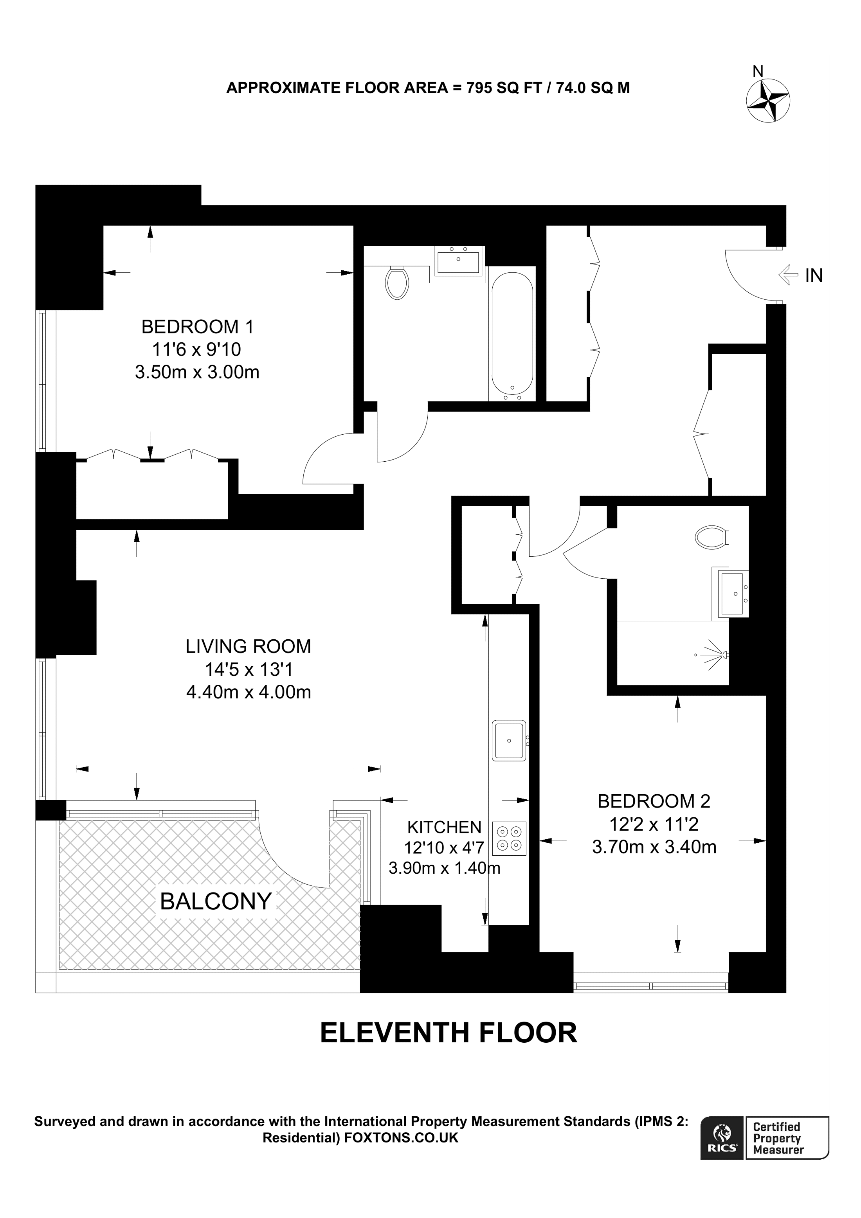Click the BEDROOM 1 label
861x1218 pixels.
click(197, 326)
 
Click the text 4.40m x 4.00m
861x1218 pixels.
click(248, 692)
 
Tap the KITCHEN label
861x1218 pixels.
click(444, 827)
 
